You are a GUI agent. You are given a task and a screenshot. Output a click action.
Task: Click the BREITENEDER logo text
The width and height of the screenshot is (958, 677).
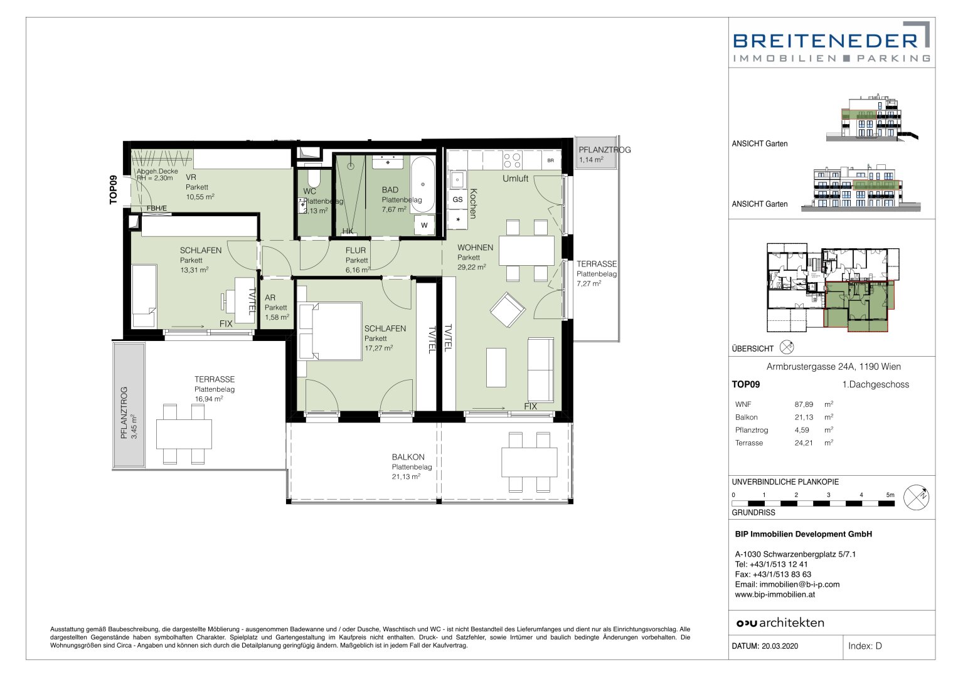click(x=826, y=41)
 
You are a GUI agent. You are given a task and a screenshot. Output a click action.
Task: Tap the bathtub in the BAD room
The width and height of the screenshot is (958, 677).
click(x=423, y=185)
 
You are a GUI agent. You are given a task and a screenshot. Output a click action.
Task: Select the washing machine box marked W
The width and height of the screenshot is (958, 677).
click(x=424, y=225)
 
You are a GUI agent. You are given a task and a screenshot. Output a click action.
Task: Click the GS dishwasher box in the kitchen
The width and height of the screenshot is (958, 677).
click(x=457, y=199)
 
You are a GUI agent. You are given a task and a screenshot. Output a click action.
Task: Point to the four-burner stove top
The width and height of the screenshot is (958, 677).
click(x=512, y=160)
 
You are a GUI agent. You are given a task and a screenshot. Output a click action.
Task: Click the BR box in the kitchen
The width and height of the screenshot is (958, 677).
click(x=550, y=160)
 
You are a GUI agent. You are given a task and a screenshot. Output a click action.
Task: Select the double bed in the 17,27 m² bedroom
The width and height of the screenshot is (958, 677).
click(x=330, y=331)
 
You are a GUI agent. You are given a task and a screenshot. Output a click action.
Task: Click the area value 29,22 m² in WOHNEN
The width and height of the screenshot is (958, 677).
click(x=471, y=267)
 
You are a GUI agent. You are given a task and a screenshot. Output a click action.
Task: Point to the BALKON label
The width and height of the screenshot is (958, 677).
click(x=408, y=457)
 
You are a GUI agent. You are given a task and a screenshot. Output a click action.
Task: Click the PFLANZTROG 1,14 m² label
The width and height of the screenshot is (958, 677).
click(x=604, y=154)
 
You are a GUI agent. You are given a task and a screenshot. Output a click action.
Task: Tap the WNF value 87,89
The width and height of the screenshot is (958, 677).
click(x=804, y=404)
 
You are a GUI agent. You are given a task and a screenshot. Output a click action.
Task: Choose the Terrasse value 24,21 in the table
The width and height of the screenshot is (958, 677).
click(x=804, y=443)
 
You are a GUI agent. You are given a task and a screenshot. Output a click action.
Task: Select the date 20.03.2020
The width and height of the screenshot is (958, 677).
click(x=780, y=646)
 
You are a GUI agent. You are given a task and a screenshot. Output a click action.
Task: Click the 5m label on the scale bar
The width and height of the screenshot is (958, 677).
click(x=890, y=495)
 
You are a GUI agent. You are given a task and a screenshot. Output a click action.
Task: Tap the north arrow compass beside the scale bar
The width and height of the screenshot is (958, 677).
click(x=916, y=498)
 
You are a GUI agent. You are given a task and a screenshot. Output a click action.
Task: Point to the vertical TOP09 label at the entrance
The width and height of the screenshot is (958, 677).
click(x=114, y=190)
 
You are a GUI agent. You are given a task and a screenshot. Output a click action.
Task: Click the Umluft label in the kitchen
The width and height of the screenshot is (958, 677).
click(x=515, y=179)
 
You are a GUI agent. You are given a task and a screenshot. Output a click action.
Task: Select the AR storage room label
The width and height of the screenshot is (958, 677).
click(x=270, y=298)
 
